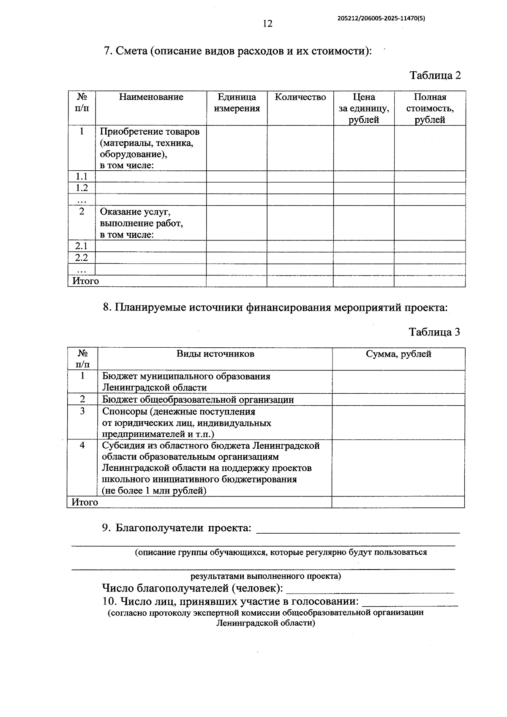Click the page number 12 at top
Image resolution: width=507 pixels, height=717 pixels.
pos(268,24)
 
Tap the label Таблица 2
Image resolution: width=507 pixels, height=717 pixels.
pos(435,76)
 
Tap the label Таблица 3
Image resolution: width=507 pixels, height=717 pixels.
pos(434,332)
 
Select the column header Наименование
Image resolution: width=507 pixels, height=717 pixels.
pos(151,97)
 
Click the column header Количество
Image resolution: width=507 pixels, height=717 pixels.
pos(300,97)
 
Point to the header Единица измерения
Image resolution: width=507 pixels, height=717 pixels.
pos(237,103)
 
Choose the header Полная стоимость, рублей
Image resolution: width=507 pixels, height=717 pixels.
pos(430,109)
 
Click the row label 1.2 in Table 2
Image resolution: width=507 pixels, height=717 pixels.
pos(82,188)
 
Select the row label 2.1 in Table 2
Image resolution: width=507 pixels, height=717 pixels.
pos(82,246)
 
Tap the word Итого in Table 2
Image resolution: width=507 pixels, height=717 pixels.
pos(86,281)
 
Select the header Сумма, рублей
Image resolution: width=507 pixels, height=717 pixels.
pos(398,354)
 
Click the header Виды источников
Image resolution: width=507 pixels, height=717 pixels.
pos(215,354)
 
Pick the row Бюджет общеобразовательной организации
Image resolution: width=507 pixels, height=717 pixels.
pos(198,400)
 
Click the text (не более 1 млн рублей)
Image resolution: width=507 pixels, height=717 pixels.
pos(154,491)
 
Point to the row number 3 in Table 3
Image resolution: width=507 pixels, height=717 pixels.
pos(82,411)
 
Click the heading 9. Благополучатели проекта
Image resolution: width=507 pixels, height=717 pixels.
pos(177,528)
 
